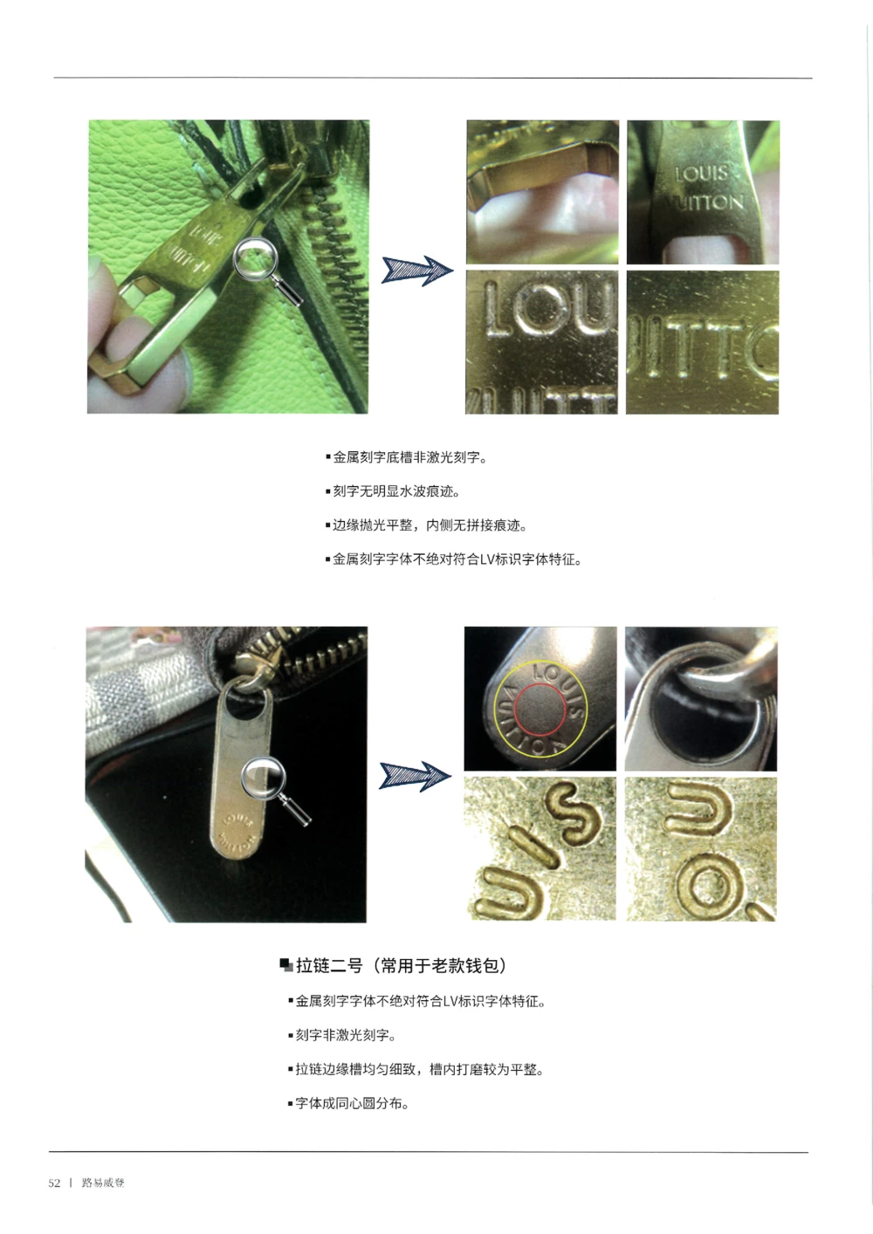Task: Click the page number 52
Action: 54,1183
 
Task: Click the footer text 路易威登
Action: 103,1183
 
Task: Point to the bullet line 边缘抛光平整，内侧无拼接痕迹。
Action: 429,525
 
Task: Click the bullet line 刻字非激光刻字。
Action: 345,1035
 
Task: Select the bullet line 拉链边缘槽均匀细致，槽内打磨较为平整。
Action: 418,1069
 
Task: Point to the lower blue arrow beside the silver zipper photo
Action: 415,775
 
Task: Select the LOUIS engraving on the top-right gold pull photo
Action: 701,173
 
